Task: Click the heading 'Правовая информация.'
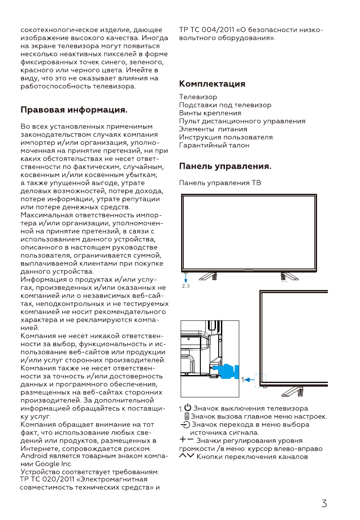(74, 110)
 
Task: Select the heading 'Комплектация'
(212, 84)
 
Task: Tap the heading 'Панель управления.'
(225, 167)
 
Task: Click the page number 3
(324, 503)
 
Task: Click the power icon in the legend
(188, 408)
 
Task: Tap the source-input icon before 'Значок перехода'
(185, 424)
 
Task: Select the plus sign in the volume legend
(183, 440)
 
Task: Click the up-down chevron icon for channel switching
(187, 456)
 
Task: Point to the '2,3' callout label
(186, 286)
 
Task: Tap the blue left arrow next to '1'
(250, 380)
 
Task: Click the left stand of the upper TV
(209, 276)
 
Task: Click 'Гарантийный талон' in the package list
(214, 145)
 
